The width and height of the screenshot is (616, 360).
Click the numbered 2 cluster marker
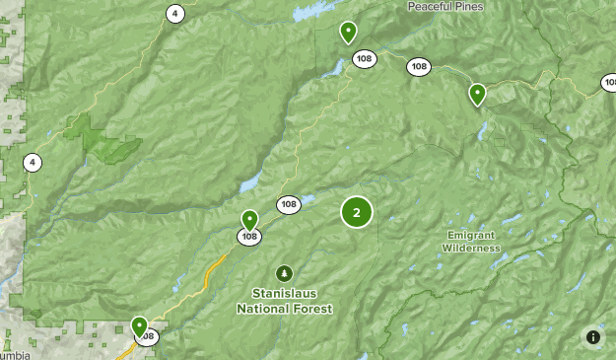(357, 212)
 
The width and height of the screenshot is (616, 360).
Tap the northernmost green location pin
(348, 33)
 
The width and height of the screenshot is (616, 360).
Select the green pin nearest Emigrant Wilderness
(477, 95)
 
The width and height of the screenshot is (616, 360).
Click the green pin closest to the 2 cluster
(250, 220)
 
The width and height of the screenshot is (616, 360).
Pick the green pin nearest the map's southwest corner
(139, 325)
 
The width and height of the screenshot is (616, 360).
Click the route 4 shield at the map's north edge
(174, 13)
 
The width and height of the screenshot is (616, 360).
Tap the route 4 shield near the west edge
(33, 163)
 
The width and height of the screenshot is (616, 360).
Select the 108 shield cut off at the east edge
(609, 84)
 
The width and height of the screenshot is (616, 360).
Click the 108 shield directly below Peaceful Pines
(419, 67)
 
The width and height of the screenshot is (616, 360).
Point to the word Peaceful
(434, 7)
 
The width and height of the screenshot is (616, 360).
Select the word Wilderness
(471, 248)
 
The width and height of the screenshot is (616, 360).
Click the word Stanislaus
(285, 294)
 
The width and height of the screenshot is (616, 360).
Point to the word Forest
(311, 308)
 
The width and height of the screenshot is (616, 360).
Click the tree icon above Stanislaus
(285, 273)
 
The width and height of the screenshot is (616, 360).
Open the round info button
(592, 337)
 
